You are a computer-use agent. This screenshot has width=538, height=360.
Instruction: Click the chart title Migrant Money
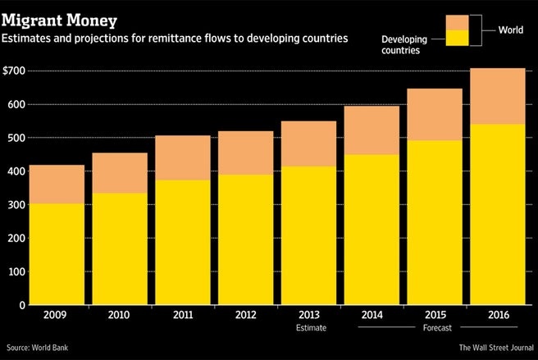coord(58,16)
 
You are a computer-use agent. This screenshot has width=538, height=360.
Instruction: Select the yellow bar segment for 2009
coord(57,253)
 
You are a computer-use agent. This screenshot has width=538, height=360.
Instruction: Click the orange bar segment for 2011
coord(181,157)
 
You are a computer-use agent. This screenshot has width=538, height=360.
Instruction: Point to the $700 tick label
coord(16,71)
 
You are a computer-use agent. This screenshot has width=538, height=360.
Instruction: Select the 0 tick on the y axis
coord(23,305)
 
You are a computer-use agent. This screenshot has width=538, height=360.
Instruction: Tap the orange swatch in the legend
coord(457,21)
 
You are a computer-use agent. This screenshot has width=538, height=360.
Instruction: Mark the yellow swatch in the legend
coord(457,38)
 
